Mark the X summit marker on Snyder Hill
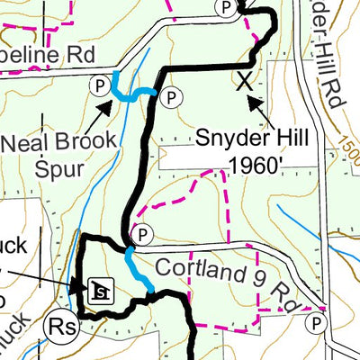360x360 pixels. (244, 81)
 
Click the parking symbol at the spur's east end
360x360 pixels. (171, 93)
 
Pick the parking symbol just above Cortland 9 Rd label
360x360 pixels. (139, 235)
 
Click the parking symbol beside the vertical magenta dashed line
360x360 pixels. (317, 322)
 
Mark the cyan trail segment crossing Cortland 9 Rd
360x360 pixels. (139, 272)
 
